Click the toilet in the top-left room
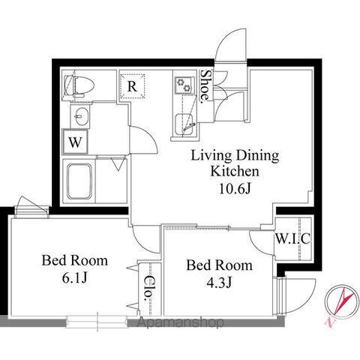click(79, 85)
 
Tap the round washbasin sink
click(80, 116)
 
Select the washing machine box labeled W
click(75, 142)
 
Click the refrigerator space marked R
click(132, 86)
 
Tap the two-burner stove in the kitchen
click(184, 85)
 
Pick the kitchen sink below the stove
click(184, 124)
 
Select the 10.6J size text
click(235, 189)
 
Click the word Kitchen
click(235, 172)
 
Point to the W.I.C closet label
click(292, 238)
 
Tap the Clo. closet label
click(148, 287)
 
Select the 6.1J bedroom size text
click(74, 277)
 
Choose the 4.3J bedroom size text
click(219, 283)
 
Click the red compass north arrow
click(343, 301)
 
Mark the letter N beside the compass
click(330, 322)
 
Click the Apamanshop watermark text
click(181, 322)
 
